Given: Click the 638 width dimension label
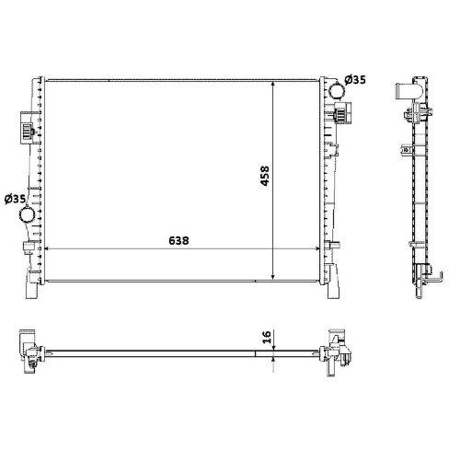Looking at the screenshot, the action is (178, 240).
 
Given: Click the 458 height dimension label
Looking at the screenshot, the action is (265, 176).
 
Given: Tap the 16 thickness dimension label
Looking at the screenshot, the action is (267, 337).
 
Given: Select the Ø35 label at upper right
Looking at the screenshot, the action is (355, 80).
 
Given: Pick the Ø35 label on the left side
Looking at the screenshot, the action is (15, 199).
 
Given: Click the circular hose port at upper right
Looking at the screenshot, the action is (337, 91).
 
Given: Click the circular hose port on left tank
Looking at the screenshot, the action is (27, 214).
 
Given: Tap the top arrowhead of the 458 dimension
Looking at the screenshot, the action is (273, 85).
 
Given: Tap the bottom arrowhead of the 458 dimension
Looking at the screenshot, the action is (273, 276).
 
